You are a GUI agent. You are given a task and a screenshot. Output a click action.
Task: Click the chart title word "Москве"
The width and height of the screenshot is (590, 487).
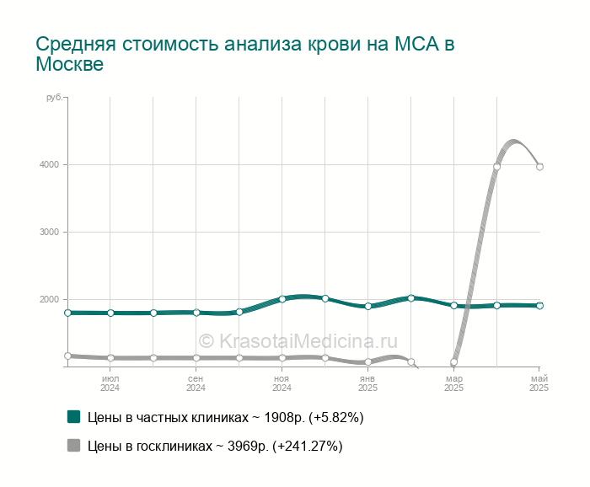pyautogui.click(x=70, y=64)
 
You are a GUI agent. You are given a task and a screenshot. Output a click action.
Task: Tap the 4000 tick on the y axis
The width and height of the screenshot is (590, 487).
pyautogui.click(x=49, y=164)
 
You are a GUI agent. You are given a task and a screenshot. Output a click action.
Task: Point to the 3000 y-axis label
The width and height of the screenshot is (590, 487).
pyautogui.click(x=49, y=232)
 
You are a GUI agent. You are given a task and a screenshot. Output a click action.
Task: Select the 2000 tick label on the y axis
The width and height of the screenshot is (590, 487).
pyautogui.click(x=49, y=299)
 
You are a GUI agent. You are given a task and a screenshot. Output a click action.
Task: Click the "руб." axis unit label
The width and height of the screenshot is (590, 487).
pyautogui.click(x=54, y=98)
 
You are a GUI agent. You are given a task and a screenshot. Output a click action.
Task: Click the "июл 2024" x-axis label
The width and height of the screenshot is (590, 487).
pyautogui.click(x=110, y=383)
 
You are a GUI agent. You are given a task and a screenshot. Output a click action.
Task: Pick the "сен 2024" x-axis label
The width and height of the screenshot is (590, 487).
pyautogui.click(x=196, y=383)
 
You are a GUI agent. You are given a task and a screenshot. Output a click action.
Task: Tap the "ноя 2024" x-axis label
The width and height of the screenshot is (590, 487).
pyautogui.click(x=282, y=383)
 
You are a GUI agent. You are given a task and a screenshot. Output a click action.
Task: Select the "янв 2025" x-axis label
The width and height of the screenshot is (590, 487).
pyautogui.click(x=367, y=383)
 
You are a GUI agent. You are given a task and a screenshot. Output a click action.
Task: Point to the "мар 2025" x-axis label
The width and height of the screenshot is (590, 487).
pyautogui.click(x=453, y=383)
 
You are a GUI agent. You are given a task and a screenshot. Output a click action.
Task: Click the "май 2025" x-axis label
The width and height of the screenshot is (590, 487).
pyautogui.click(x=539, y=383)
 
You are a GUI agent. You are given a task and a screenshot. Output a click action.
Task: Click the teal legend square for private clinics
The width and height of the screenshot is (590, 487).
pyautogui.click(x=74, y=417)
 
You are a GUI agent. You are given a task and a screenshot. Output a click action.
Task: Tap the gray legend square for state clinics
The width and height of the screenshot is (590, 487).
pyautogui.click(x=74, y=445)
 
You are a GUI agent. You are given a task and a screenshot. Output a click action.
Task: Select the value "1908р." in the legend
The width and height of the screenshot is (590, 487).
pyautogui.click(x=285, y=417)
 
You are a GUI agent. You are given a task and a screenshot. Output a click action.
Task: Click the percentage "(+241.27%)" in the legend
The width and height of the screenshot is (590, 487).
pyautogui.click(x=308, y=447)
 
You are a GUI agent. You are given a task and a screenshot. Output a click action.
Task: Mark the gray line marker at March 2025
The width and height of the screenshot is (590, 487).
pyautogui.click(x=453, y=362)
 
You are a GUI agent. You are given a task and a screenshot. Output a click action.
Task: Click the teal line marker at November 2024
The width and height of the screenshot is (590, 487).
pyautogui.click(x=282, y=299)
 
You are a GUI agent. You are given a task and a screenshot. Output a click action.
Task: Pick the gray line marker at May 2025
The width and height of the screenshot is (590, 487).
pyautogui.click(x=539, y=167)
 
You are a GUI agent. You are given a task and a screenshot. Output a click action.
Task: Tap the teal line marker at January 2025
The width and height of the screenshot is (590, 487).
pyautogui.click(x=368, y=306)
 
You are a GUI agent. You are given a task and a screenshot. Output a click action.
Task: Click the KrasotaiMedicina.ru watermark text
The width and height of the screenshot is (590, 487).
pyautogui.click(x=298, y=341)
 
